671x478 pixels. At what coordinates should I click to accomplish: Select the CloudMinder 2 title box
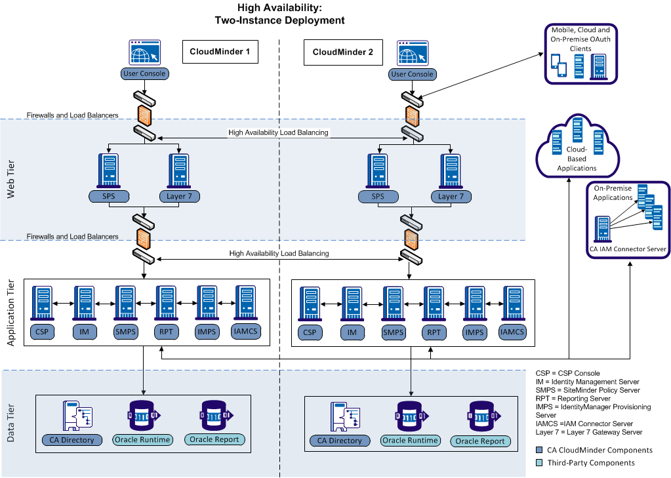[342, 52]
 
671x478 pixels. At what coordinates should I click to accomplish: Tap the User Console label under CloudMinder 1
[144, 73]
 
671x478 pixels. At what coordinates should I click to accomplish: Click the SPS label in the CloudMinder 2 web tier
[378, 196]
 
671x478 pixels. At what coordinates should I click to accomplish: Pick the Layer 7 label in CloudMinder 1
[178, 196]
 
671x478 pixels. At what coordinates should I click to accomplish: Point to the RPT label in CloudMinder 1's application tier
[165, 332]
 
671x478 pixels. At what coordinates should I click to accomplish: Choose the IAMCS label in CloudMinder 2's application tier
[512, 332]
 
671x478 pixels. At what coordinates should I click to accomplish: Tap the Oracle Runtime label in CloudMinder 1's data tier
[142, 439]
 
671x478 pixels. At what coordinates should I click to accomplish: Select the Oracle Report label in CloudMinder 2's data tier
[480, 441]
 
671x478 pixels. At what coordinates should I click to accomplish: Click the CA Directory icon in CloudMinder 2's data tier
[340, 418]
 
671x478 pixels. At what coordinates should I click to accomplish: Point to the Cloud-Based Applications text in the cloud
[577, 159]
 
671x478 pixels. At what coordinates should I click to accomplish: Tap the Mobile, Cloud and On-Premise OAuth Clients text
[580, 39]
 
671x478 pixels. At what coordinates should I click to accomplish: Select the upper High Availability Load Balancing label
[278, 132]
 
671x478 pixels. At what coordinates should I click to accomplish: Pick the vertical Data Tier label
[11, 422]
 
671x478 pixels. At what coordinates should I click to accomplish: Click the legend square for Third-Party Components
[539, 463]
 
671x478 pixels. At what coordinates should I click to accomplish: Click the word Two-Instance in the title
[248, 20]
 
